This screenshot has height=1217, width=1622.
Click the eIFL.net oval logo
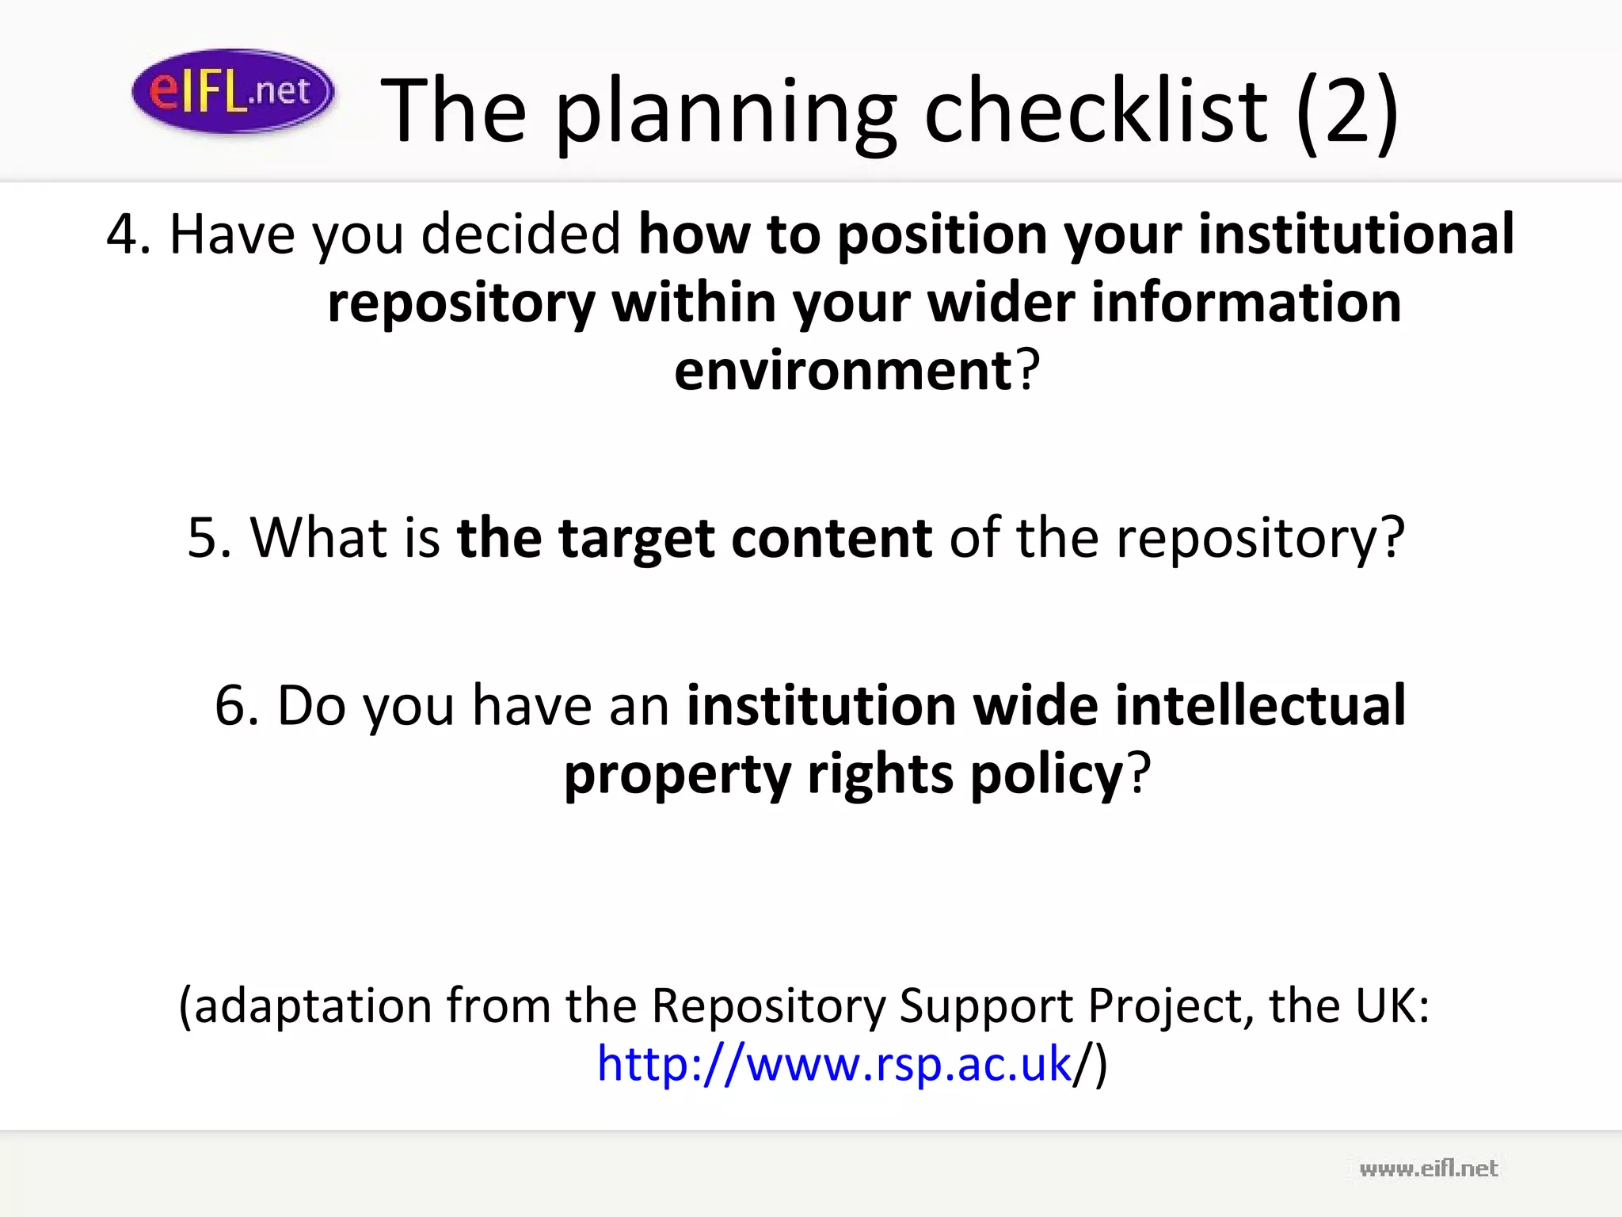(232, 92)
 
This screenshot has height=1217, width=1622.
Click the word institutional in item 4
(1356, 235)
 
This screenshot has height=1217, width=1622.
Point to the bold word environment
(843, 371)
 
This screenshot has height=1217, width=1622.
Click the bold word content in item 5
(832, 538)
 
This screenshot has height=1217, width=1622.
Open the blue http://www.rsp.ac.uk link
(834, 1063)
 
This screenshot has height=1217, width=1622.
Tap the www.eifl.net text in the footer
(1428, 1169)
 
